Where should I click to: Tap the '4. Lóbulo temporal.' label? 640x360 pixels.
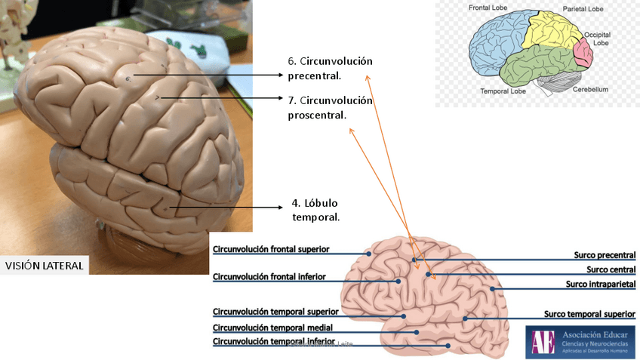tap(315, 210)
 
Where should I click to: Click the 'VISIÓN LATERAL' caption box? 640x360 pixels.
tap(45, 266)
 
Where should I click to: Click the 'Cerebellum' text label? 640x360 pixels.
tap(590, 89)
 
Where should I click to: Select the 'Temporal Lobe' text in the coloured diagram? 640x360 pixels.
tap(503, 91)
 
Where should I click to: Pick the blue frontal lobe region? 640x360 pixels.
tap(498, 42)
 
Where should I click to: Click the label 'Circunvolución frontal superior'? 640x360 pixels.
tap(271, 249)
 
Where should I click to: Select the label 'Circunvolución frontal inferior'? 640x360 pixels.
tap(269, 277)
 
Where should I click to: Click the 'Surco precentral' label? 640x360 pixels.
tap(605, 255)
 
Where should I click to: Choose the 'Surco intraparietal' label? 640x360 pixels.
tap(601, 284)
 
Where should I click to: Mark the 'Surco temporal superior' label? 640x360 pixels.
tap(590, 314)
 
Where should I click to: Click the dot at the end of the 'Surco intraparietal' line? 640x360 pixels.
tap(492, 288)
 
